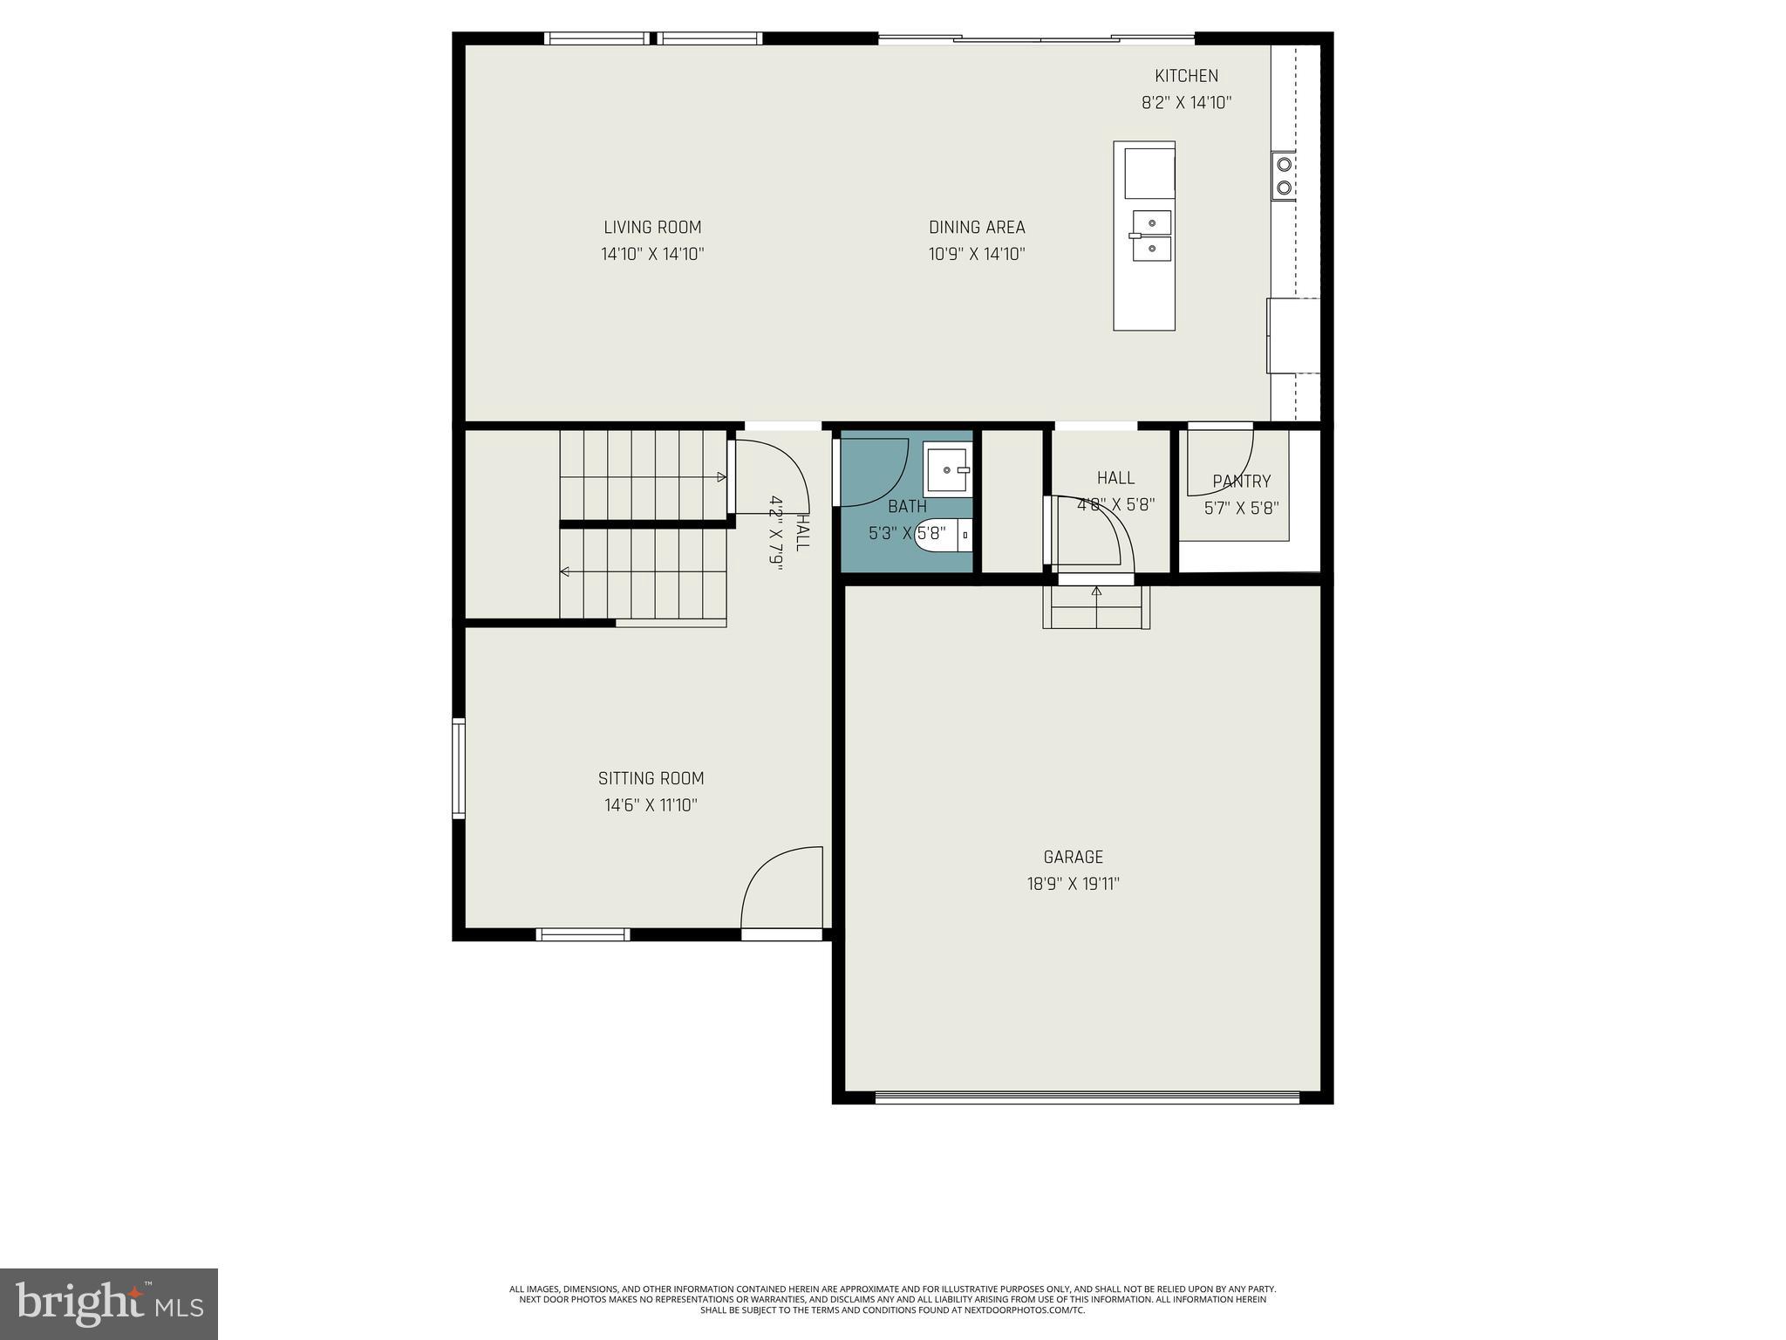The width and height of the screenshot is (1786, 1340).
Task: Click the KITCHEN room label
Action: [1186, 76]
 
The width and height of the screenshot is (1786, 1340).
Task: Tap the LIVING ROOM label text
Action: [652, 228]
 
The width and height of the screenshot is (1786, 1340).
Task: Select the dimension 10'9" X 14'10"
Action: [976, 255]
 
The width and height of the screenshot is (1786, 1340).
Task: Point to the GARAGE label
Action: [1073, 857]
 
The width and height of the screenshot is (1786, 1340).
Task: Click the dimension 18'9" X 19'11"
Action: [1073, 884]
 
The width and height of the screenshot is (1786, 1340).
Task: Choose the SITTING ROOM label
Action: [651, 778]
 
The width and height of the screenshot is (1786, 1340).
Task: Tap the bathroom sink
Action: [947, 470]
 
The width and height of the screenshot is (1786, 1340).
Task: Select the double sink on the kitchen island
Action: [1152, 236]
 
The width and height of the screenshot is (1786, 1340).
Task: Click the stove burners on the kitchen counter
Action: [1284, 175]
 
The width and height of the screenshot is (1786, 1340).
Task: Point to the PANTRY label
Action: [1241, 481]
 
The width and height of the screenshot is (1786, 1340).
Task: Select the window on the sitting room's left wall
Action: [459, 768]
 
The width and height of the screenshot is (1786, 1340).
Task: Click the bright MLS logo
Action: [108, 1303]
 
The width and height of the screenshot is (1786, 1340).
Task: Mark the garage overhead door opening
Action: [1087, 1097]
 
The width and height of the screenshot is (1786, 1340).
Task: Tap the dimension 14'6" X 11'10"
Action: [651, 805]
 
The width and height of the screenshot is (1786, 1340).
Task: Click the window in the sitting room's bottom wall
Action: [583, 934]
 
